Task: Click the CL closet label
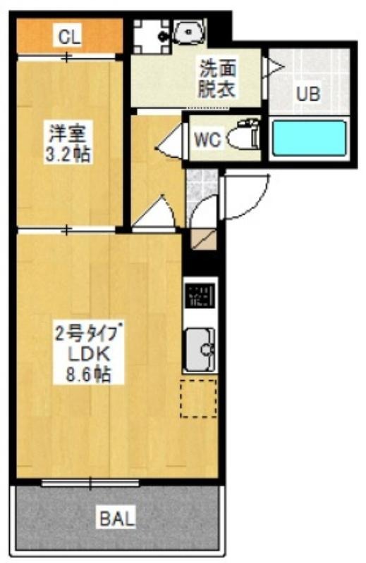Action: pyautogui.click(x=69, y=37)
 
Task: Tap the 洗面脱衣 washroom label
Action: pyautogui.click(x=217, y=79)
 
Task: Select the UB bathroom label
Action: pyautogui.click(x=308, y=94)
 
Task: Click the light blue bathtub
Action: pyautogui.click(x=309, y=138)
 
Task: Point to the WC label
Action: pyautogui.click(x=207, y=139)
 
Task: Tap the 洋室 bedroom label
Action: pyautogui.click(x=68, y=132)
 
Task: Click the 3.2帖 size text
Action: pyautogui.click(x=68, y=153)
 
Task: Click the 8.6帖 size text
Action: pyautogui.click(x=88, y=374)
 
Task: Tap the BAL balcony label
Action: pyautogui.click(x=117, y=518)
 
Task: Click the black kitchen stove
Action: pyautogui.click(x=200, y=295)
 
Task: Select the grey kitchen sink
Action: pyautogui.click(x=200, y=349)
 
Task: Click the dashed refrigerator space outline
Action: pyautogui.click(x=199, y=398)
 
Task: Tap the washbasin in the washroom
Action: pyautogui.click(x=188, y=32)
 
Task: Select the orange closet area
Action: pyautogui.click(x=70, y=36)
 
